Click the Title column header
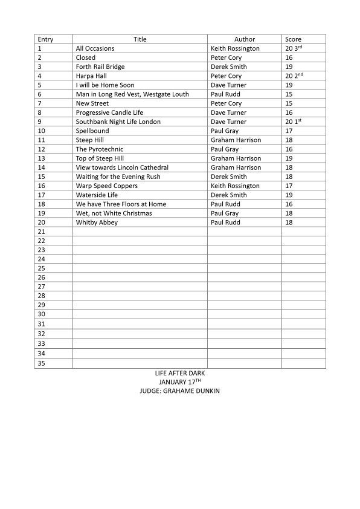coord(140,39)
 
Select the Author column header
coord(244,39)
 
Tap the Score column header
coord(293,39)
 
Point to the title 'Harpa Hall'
coord(91,76)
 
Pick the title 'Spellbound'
coord(92,131)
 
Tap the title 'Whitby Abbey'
coord(97,222)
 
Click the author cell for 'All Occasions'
coord(235,48)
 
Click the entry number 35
coord(42,363)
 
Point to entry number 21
coord(42,232)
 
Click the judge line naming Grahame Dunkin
coord(179,391)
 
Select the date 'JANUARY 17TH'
coord(179,383)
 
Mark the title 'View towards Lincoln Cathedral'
coord(122,167)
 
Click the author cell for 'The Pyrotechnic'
coord(224,149)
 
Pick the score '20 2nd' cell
coord(293,76)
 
